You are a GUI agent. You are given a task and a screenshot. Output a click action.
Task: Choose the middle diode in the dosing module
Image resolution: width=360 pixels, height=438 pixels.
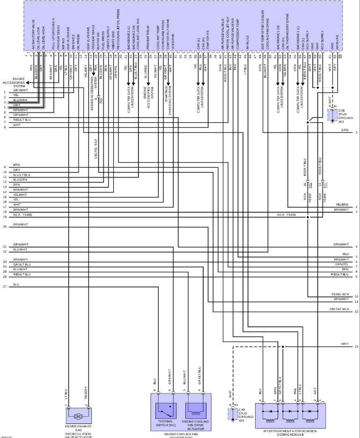click(290, 415)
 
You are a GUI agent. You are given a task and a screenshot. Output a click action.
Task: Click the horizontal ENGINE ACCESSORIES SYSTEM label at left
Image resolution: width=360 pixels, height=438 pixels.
click(13, 82)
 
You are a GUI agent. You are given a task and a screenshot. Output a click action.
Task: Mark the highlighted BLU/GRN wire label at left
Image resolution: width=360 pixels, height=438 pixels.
click(20, 100)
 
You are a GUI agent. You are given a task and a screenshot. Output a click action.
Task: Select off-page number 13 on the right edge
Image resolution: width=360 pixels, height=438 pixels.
click(357, 347)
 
